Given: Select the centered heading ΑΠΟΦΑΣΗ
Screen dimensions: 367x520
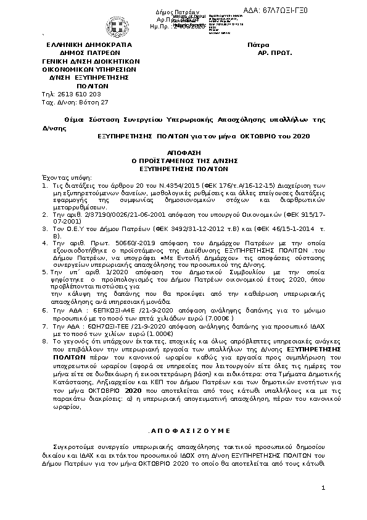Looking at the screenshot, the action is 184,152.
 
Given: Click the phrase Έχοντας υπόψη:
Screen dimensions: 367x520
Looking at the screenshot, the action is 61,176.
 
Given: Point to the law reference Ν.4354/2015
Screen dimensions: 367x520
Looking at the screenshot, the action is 165,185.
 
